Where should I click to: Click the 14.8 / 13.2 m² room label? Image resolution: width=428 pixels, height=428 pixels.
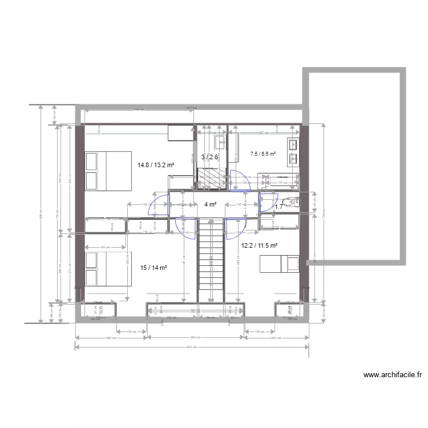click(156, 165)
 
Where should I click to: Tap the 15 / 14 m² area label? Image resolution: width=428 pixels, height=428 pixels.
click(153, 267)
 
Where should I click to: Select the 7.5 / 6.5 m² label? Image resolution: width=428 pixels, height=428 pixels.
click(263, 154)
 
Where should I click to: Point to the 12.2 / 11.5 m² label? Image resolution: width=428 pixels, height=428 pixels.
click(259, 245)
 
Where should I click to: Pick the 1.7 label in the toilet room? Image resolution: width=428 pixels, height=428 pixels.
click(278, 207)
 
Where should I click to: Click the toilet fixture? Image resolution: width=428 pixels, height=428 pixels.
click(291, 201)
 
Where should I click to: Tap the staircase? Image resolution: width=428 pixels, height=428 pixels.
click(211, 260)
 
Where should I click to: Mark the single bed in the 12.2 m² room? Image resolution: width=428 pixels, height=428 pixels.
click(279, 264)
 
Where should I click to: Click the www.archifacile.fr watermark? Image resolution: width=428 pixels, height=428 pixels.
click(393, 375)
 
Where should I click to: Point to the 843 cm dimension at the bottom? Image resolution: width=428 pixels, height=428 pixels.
click(193, 346)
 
